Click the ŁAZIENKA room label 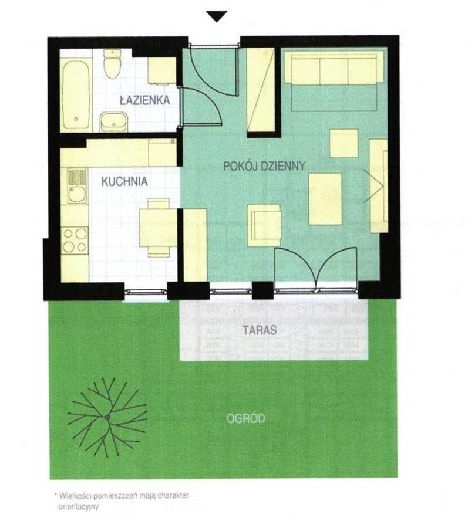point(145,100)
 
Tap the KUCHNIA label point(124,182)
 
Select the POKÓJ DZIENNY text point(264,165)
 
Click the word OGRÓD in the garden point(245,418)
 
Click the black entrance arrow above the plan point(217,16)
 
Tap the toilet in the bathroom point(112,64)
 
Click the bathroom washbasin point(113,122)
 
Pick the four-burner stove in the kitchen point(75,241)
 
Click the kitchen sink point(77,186)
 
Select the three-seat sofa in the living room point(334,67)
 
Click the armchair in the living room point(264,225)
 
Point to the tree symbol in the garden point(107,418)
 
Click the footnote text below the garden point(122,501)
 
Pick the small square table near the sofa point(344,144)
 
